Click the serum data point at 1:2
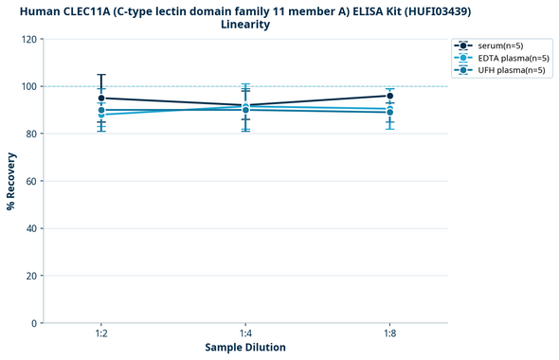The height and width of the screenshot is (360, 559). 101,98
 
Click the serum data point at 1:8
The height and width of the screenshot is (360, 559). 389,96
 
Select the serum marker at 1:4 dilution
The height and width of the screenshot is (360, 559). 245,105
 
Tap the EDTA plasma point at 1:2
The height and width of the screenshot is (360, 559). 101,115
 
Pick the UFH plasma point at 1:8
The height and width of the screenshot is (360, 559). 389,113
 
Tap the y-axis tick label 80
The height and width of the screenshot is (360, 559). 31,134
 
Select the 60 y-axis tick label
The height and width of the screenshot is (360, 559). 31,181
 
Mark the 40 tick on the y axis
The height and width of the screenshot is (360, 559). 31,228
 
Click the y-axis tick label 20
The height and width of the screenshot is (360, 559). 31,276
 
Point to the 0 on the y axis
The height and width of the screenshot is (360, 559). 34,323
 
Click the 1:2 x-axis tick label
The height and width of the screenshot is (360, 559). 101,334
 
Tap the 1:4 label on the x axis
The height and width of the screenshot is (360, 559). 245,334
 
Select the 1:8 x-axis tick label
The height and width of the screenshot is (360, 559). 389,334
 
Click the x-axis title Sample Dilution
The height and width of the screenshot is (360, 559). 245,348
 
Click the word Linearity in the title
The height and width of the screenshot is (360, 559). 245,25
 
